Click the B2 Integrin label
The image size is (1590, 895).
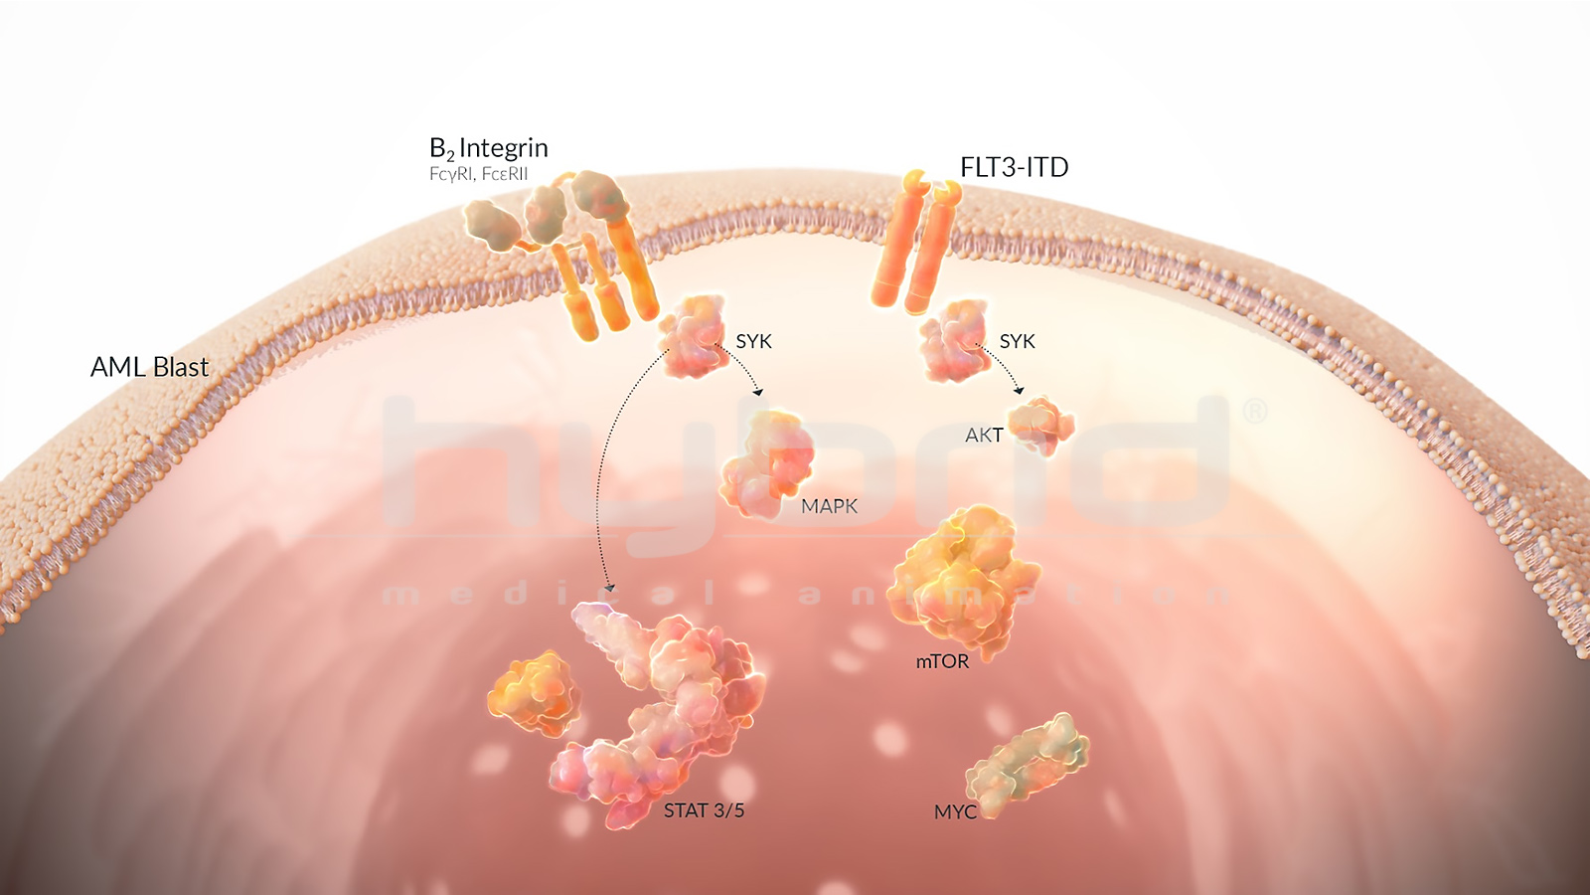tap(488, 148)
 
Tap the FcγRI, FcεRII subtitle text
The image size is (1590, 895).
tap(478, 174)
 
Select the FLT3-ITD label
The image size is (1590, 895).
tap(1014, 167)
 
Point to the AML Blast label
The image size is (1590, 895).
tap(149, 367)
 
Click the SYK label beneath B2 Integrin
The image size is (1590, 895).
tap(753, 341)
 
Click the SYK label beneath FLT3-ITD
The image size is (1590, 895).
tap(1017, 341)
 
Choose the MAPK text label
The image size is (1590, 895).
tap(829, 506)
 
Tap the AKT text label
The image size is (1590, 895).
tap(983, 436)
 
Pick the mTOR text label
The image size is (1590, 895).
tap(941, 661)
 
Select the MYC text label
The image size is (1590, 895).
tap(955, 811)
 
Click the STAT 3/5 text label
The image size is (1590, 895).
tap(704, 810)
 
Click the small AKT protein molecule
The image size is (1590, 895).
tap(1041, 425)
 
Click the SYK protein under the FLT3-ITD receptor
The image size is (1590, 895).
tap(954, 340)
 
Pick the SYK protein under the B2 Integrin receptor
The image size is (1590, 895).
tap(693, 335)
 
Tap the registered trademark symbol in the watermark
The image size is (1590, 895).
tap(1255, 411)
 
